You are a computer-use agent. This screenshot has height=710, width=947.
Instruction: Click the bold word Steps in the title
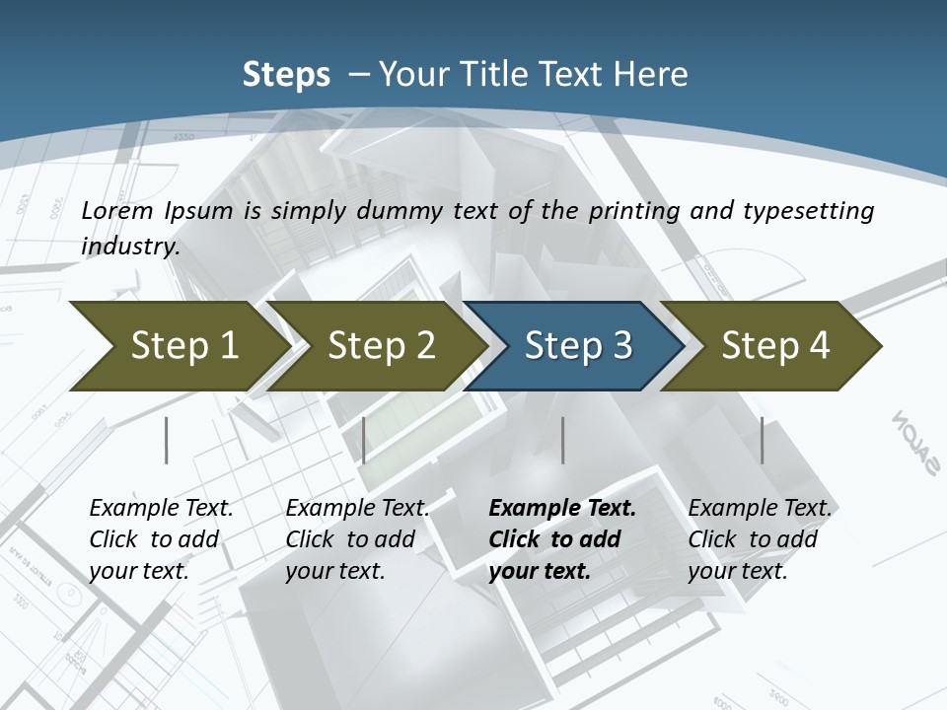coord(286,75)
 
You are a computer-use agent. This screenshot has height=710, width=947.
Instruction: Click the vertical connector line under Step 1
coord(167,440)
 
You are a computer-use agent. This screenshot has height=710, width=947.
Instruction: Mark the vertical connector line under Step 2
coord(364,440)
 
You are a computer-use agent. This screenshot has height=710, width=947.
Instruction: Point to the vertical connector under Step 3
coord(562,440)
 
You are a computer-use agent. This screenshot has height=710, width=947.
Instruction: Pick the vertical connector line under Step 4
coord(762,440)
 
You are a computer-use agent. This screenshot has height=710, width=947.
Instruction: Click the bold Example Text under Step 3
coord(562,509)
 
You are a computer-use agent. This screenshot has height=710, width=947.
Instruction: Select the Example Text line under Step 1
coord(161,509)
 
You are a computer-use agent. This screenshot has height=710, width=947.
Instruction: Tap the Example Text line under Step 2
coord(357,509)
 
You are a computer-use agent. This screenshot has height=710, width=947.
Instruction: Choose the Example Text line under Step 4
coord(760,509)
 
